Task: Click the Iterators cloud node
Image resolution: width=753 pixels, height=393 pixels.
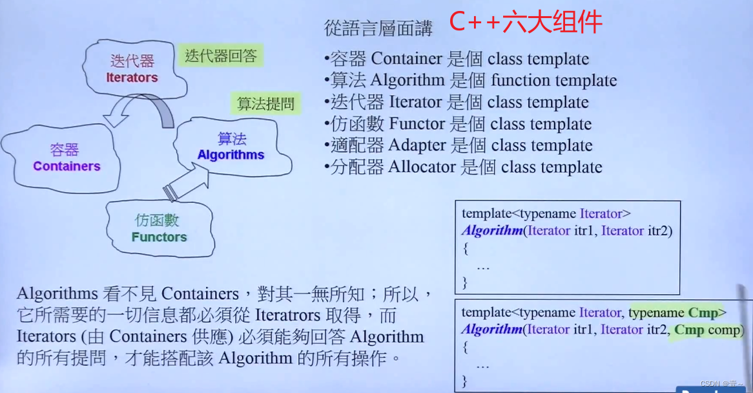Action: point(132,69)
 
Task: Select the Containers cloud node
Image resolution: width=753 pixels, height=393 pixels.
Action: point(67,158)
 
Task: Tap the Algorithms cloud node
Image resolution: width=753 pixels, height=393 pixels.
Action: point(231,147)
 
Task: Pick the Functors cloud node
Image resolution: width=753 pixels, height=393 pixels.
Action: point(160,229)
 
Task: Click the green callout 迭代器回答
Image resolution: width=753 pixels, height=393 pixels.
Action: point(221,56)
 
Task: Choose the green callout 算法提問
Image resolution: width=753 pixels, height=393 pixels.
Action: point(265,103)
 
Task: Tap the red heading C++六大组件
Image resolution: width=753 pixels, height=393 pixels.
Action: point(525,23)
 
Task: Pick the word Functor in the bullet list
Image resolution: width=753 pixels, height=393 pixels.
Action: point(417,124)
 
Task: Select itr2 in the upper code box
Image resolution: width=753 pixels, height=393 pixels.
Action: point(659,231)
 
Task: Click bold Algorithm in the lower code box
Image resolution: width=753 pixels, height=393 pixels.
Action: point(491,330)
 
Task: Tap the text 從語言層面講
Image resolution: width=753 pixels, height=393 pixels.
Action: point(378,28)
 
